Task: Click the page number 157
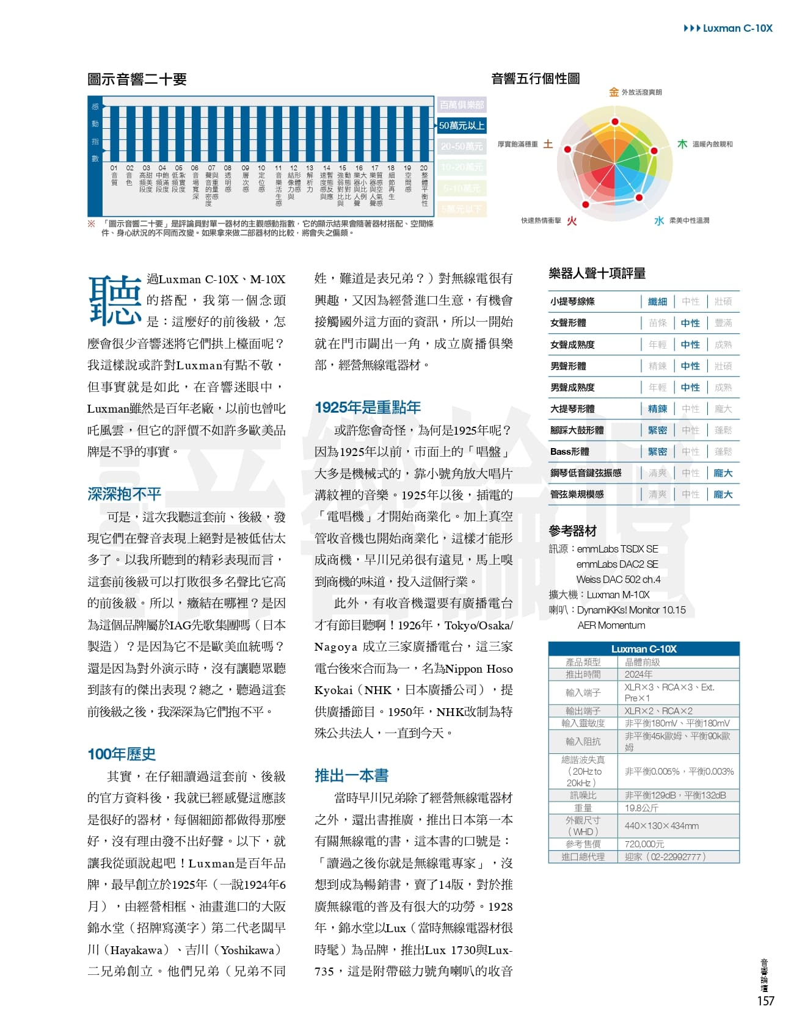pos(765,1001)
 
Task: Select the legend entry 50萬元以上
pos(462,126)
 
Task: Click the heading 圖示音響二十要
pos(137,79)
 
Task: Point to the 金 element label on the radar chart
pos(613,92)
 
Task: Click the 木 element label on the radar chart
pos(682,144)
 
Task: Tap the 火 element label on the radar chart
pos(572,221)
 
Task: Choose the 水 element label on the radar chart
pos(659,221)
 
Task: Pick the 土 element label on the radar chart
pos(548,144)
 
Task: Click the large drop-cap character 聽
pos(115,299)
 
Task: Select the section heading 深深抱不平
pos(124,494)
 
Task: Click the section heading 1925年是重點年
pos(368,408)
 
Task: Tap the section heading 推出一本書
pos(351,775)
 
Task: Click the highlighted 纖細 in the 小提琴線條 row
pos(657,302)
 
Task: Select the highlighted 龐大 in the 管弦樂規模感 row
pos(723,494)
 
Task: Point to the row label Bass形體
pos(569,452)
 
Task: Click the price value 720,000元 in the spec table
pos(644,844)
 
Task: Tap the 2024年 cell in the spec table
pos(638,675)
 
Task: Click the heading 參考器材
pos(572,530)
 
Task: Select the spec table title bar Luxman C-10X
pos(644,649)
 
